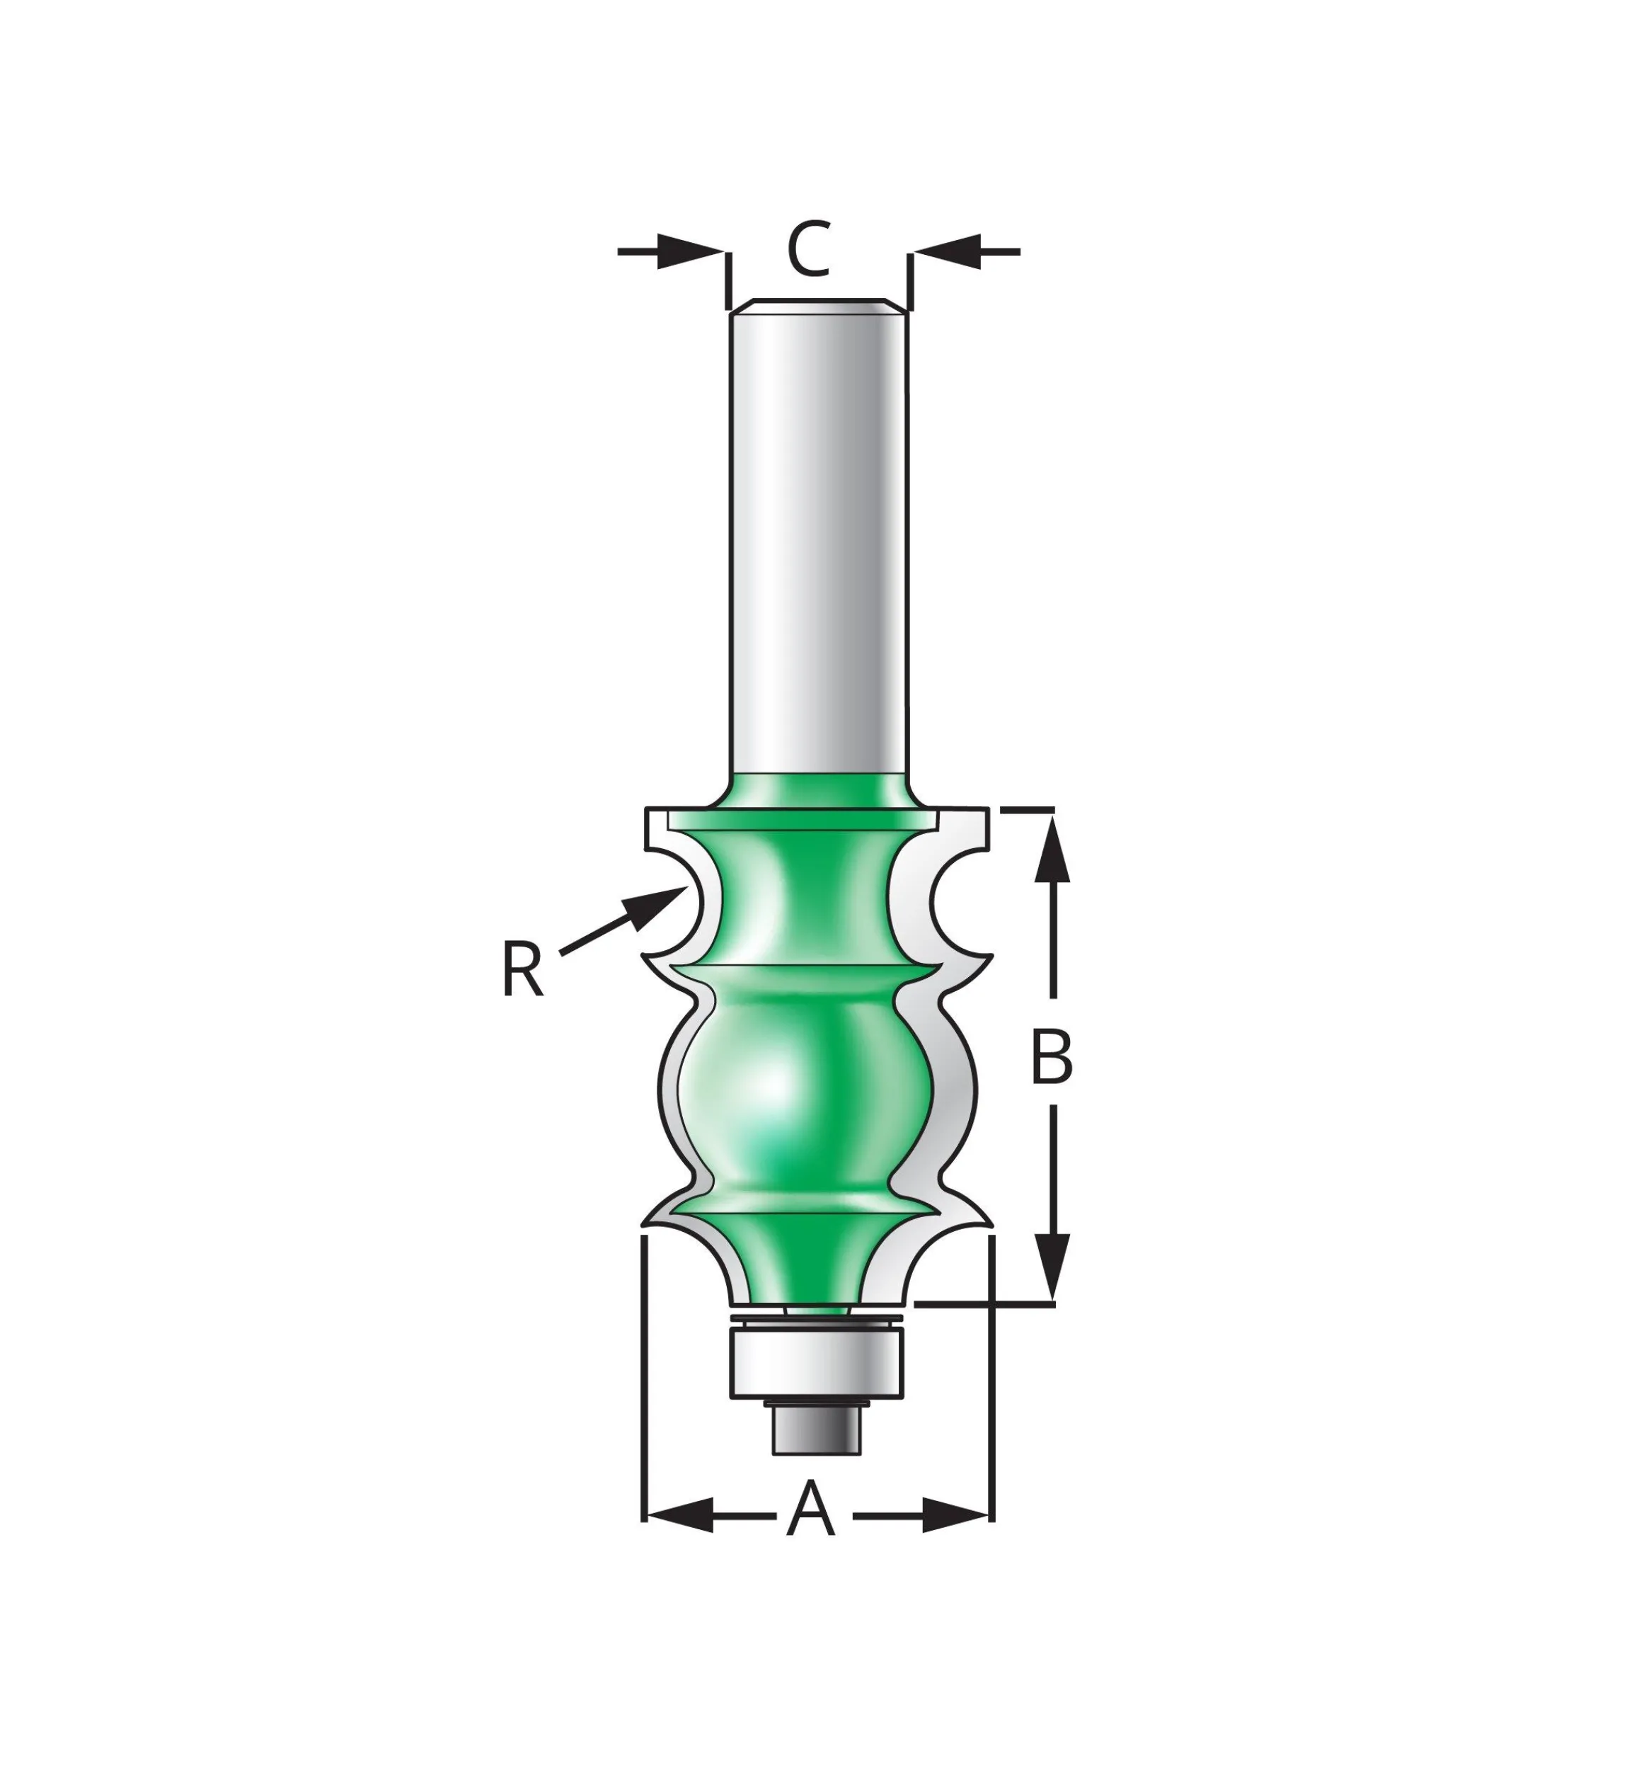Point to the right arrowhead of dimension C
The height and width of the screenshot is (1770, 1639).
[945, 251]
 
